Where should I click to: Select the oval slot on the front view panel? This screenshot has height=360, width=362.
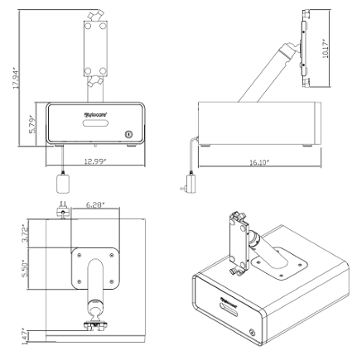click(x=93, y=125)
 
